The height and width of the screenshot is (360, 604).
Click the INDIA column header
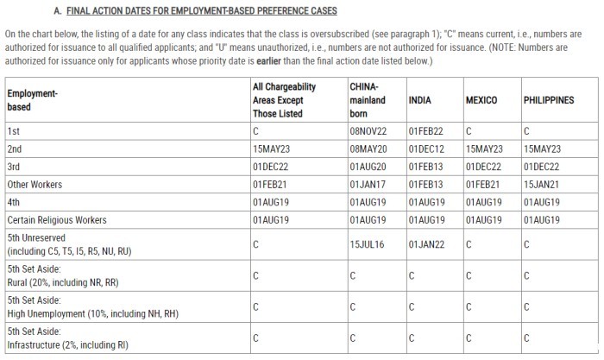click(419, 100)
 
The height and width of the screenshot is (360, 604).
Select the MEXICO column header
click(481, 100)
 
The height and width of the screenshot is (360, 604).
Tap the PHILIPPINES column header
click(548, 100)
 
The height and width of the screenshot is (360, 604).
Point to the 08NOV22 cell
click(368, 131)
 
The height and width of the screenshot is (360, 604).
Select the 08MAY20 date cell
click(368, 148)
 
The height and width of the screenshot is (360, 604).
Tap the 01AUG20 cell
click(368, 166)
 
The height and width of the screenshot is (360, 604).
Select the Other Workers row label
click(35, 184)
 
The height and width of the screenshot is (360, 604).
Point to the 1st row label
click(13, 131)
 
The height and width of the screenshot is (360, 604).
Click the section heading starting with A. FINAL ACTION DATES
click(183, 10)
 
